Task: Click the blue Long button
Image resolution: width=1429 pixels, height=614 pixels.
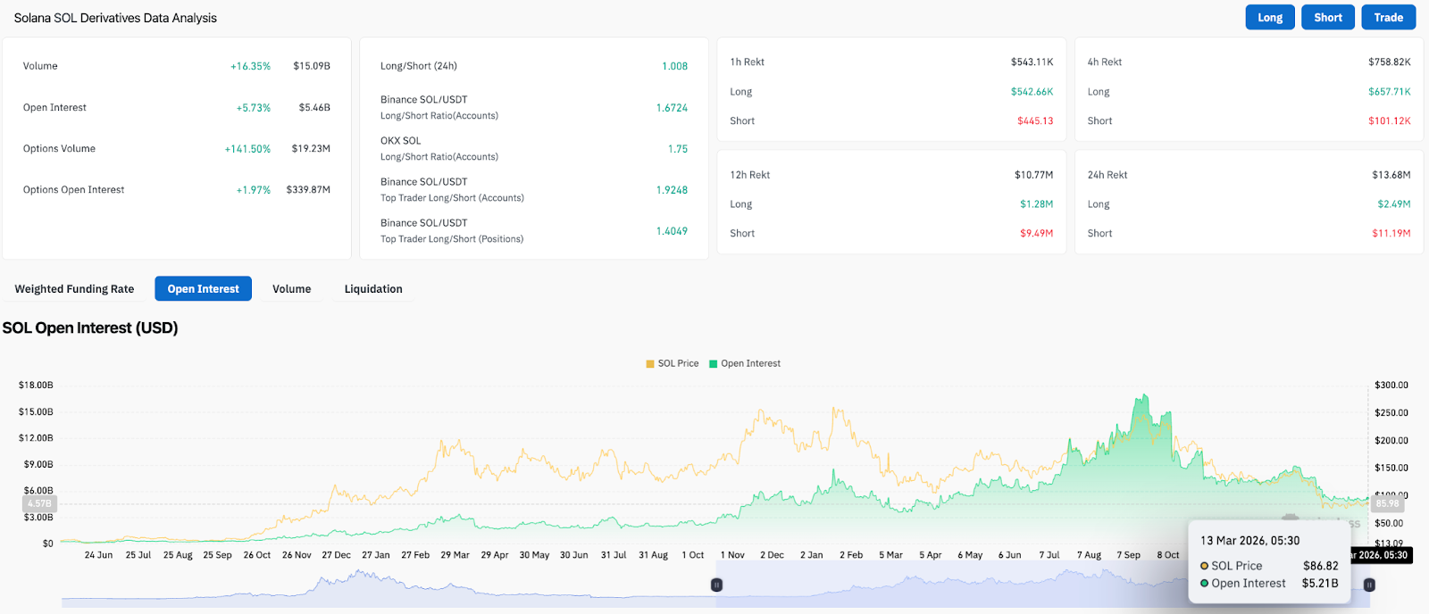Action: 1269,18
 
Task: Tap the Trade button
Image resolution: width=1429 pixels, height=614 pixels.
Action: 1388,18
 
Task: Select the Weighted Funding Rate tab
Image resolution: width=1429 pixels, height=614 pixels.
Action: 74,289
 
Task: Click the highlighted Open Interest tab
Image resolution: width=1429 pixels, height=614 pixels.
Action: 203,289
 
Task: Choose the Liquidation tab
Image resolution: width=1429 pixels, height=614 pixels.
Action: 373,289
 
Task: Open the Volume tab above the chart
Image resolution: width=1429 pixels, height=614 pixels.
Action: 291,289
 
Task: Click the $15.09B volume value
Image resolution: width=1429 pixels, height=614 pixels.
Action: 312,66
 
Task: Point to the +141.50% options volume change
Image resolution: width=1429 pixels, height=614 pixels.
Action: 247,149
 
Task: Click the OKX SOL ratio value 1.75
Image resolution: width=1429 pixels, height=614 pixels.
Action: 677,149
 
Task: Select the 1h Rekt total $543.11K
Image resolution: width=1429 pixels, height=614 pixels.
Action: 1032,62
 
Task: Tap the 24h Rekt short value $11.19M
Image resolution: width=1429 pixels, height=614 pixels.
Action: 1391,233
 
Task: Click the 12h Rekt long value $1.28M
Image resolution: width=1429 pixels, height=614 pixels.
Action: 1036,204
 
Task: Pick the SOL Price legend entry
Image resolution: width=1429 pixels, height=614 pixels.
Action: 673,363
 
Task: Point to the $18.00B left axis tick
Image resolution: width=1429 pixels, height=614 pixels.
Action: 36,386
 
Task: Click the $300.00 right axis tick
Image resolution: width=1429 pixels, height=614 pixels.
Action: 1391,386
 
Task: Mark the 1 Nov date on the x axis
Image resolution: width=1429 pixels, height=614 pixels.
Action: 732,555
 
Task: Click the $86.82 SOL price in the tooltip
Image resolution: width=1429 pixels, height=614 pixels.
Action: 1320,566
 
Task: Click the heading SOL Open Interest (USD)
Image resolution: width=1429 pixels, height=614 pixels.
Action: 90,328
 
